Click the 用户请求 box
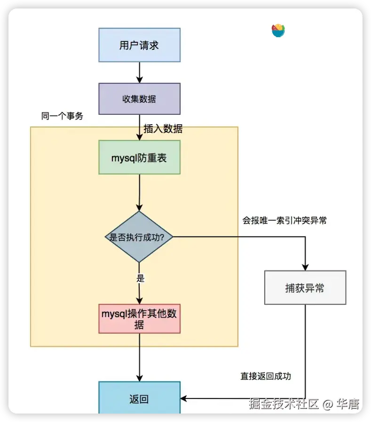(139, 45)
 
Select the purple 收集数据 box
(139, 99)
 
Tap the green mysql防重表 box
(139, 157)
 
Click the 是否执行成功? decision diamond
(139, 237)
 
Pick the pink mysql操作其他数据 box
(139, 318)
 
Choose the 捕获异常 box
(305, 287)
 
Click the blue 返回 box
(139, 399)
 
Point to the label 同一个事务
(62, 116)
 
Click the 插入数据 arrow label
(163, 129)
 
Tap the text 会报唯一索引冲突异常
(284, 220)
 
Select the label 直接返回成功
(266, 376)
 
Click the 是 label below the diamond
(140, 278)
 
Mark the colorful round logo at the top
(278, 31)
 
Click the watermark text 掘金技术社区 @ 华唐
(304, 404)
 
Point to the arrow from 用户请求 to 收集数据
(139, 72)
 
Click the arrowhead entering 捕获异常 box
(305, 267)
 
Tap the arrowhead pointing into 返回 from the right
(184, 399)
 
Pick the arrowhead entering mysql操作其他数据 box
(139, 301)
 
